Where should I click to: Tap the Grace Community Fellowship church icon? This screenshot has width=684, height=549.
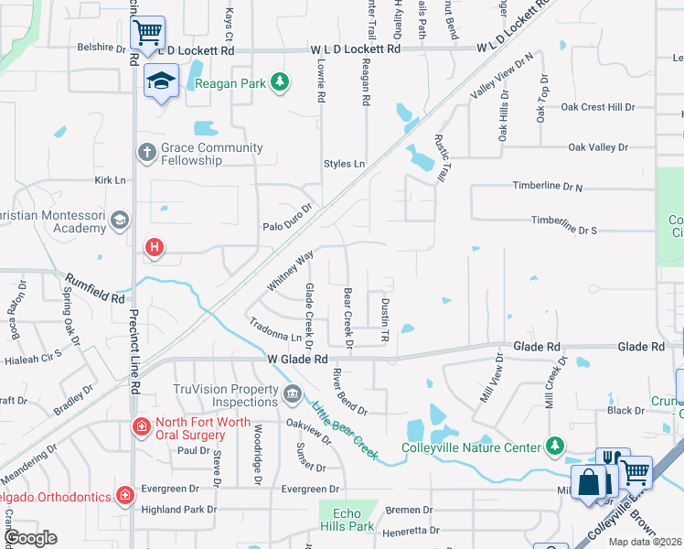click(146, 152)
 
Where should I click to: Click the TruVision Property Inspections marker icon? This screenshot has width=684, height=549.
click(292, 394)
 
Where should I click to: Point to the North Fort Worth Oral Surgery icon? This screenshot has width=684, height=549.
click(141, 426)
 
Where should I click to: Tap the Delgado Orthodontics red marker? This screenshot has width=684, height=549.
click(125, 496)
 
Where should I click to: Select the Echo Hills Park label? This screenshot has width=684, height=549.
click(348, 520)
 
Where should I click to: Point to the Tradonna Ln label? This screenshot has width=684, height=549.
click(275, 331)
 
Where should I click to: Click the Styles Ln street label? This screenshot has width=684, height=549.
click(344, 164)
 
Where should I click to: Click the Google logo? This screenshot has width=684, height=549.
click(30, 537)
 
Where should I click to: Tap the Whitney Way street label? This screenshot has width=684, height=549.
click(290, 270)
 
